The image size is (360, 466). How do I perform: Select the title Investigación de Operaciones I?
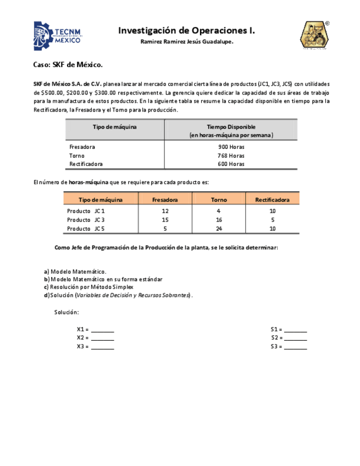click(x=186, y=31)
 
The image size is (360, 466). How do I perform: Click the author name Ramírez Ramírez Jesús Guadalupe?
click(x=186, y=42)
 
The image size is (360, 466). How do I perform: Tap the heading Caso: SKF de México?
click(x=68, y=65)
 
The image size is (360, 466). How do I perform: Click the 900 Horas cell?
click(x=231, y=147)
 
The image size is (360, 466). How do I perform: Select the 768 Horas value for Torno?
click(x=231, y=156)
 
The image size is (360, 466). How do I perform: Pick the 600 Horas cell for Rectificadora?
click(x=231, y=164)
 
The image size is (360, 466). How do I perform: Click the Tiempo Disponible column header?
click(x=231, y=130)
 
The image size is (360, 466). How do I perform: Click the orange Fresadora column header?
click(x=165, y=200)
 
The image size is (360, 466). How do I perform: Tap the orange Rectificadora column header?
click(x=272, y=200)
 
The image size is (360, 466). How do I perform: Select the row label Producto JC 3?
click(x=86, y=220)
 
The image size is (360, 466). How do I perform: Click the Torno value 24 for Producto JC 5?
click(x=219, y=229)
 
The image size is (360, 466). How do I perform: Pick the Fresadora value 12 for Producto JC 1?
click(x=165, y=211)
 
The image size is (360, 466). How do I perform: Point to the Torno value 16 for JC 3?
click(x=219, y=220)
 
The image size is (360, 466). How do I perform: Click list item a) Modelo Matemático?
click(x=75, y=271)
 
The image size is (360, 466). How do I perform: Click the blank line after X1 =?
click(x=103, y=330)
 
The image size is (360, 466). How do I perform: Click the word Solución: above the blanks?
click(x=67, y=312)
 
